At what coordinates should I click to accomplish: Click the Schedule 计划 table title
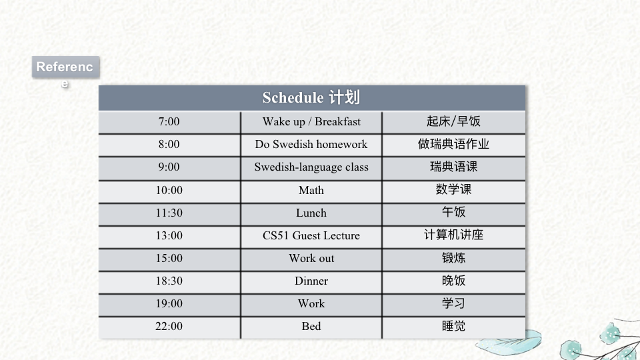[311, 97]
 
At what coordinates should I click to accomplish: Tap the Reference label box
[65, 67]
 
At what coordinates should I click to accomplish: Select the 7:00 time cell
[169, 121]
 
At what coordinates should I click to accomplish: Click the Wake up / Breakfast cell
[311, 121]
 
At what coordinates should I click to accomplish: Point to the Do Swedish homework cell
[311, 145]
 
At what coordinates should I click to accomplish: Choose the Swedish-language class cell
[311, 167]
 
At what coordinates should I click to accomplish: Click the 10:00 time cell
[169, 190]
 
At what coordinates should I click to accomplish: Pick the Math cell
[311, 190]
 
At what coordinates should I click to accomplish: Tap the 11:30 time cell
[169, 213]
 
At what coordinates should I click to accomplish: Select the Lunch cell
[311, 213]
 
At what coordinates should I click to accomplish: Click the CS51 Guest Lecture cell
[311, 235]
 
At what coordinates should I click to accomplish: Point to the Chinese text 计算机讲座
[453, 235]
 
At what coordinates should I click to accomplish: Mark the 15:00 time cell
[169, 259]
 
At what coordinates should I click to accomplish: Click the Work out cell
[311, 259]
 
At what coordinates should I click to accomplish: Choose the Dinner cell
[311, 281]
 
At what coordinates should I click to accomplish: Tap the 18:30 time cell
[169, 281]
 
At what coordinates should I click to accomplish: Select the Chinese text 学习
[453, 303]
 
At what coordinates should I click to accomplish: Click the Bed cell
[311, 327]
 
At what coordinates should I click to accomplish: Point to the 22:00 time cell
[169, 327]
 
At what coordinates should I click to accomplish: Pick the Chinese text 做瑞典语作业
[453, 144]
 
